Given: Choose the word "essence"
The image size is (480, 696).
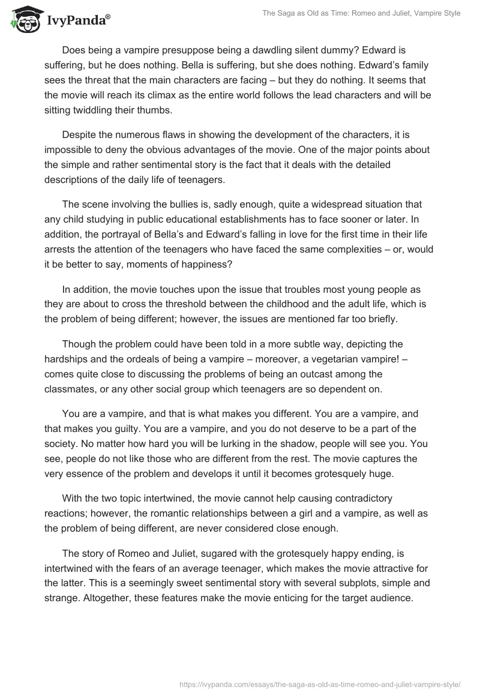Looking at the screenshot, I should click(88, 473).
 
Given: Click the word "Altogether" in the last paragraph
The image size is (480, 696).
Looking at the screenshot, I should click(110, 599).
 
